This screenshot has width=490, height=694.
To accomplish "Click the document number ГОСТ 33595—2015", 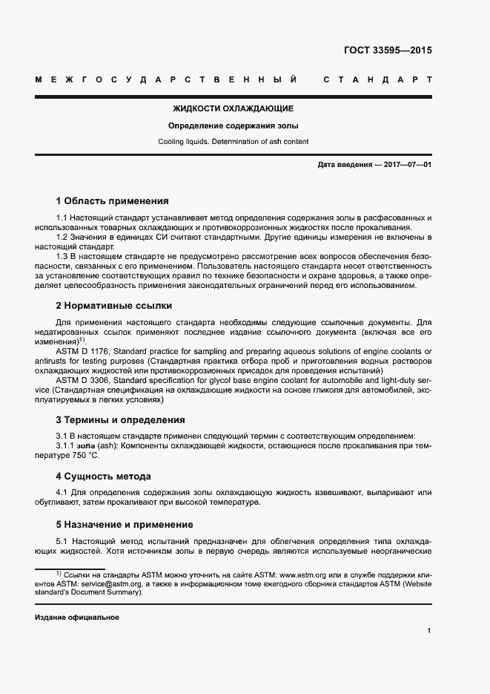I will coord(388,51).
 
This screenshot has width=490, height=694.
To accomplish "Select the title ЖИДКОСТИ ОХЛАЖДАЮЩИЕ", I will coord(233,108).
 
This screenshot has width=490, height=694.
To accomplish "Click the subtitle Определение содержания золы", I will coord(233,125).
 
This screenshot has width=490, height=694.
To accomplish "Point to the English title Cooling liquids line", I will coord(233,141).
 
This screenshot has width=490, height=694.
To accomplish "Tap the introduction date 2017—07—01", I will coord(407,164).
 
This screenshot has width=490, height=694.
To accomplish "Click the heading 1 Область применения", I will coord(113,200).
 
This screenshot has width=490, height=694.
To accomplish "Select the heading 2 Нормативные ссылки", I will coord(114,305).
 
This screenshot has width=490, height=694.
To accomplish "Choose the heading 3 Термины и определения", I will coord(121,419).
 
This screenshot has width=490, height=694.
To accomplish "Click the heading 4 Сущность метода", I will coord(103,476).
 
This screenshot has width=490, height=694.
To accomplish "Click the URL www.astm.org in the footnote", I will coord(304,574).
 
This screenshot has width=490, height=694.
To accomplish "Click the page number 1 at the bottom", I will coord(429,631).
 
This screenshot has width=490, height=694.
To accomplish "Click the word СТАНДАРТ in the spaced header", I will coord(377,79).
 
